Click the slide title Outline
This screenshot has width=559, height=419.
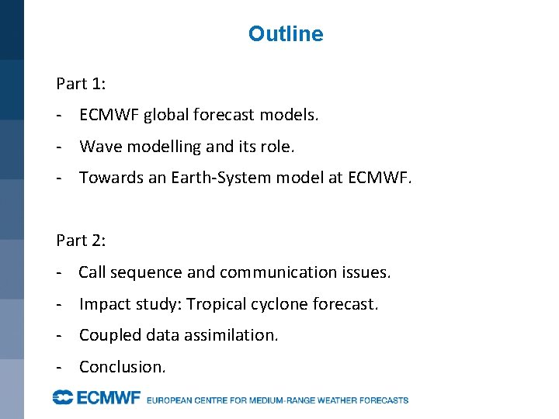pyautogui.click(x=286, y=34)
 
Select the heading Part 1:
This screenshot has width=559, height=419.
pyautogui.click(x=81, y=83)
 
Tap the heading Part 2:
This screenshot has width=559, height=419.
pyautogui.click(x=81, y=241)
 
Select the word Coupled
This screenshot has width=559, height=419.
pyautogui.click(x=107, y=335)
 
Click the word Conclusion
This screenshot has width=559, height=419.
pyautogui.click(x=123, y=367)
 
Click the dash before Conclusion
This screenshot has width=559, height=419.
pyautogui.click(x=60, y=367)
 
